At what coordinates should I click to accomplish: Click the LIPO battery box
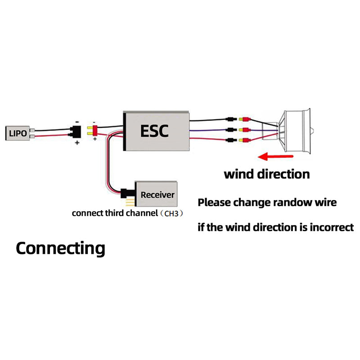[x=18, y=133]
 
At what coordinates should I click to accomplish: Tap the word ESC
[x=154, y=130]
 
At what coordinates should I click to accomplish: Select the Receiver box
[x=157, y=195]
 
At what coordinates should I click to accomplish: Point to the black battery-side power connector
[x=75, y=131]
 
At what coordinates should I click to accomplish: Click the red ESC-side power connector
[x=95, y=131]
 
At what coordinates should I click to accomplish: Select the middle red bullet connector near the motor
[x=246, y=130]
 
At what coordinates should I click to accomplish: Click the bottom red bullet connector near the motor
[x=246, y=140]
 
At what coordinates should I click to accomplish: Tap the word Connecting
[x=60, y=248]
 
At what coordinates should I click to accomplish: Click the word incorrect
[x=330, y=227]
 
